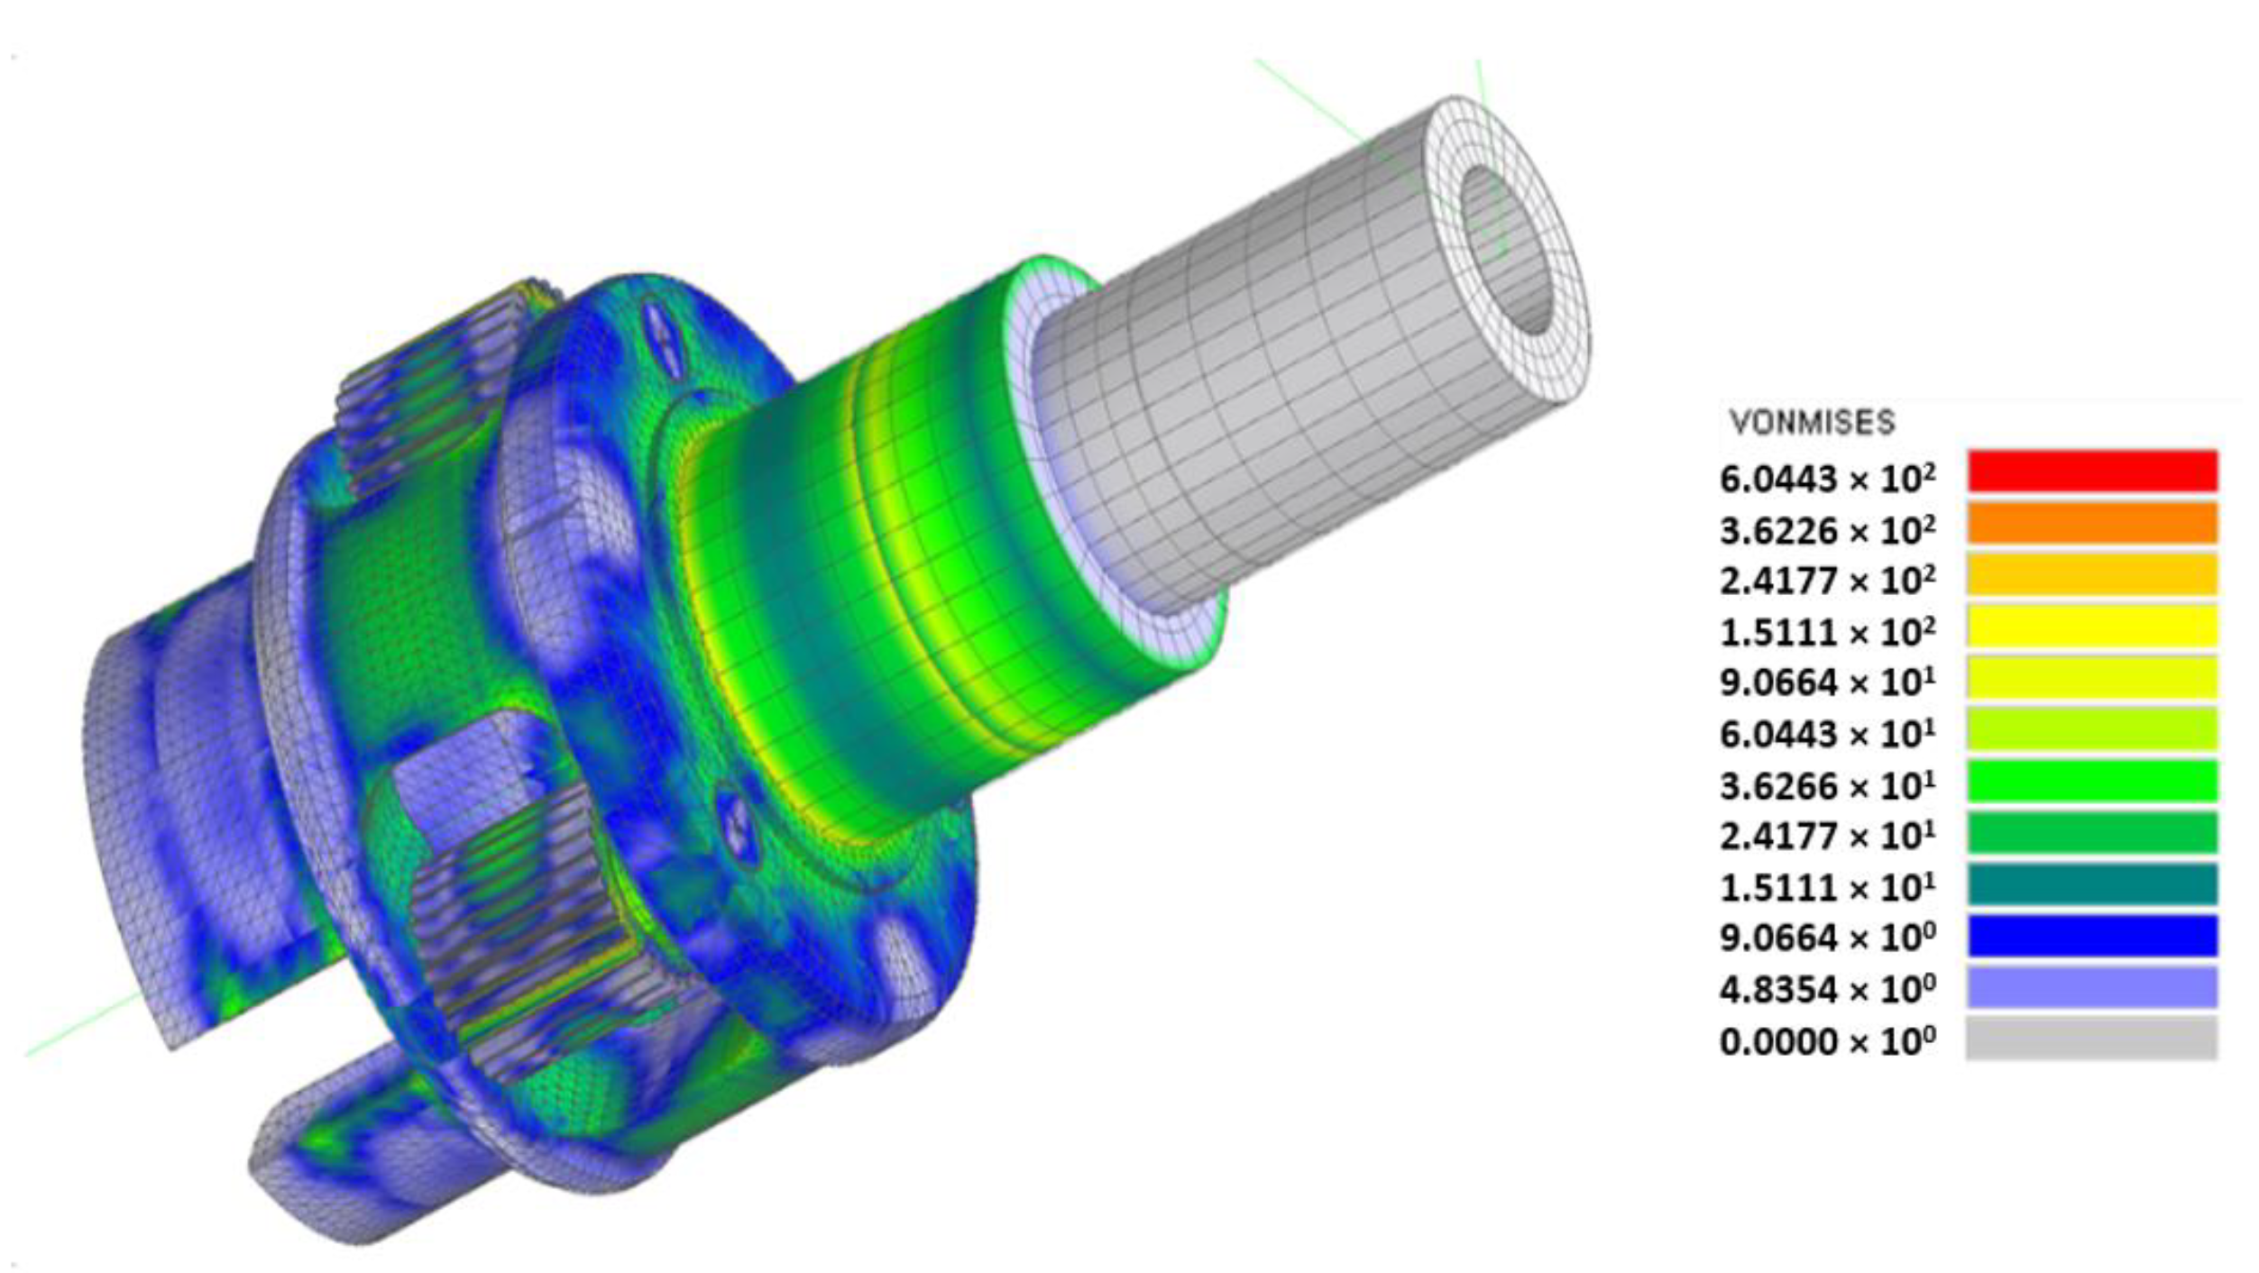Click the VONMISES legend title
[1812, 422]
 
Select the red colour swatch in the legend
[2091, 471]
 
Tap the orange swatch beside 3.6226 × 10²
[2091, 523]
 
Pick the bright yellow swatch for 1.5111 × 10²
[2091, 627]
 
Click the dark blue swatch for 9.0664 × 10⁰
[2091, 936]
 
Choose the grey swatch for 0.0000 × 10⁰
[2091, 1039]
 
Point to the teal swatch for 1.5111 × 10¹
[2091, 884]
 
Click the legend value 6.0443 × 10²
[1827, 478]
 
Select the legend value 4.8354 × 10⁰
[1827, 990]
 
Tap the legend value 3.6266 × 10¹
[1827, 786]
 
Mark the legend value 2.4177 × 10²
[1827, 581]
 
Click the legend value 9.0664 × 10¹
[1827, 682]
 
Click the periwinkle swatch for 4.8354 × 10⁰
[2091, 987]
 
